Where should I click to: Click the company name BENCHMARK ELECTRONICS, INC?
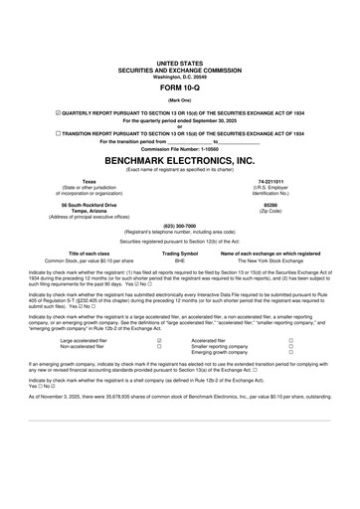(179, 160)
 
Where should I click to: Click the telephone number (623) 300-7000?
(179, 225)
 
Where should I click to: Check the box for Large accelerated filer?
(160, 340)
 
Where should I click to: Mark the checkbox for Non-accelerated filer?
(160, 346)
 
